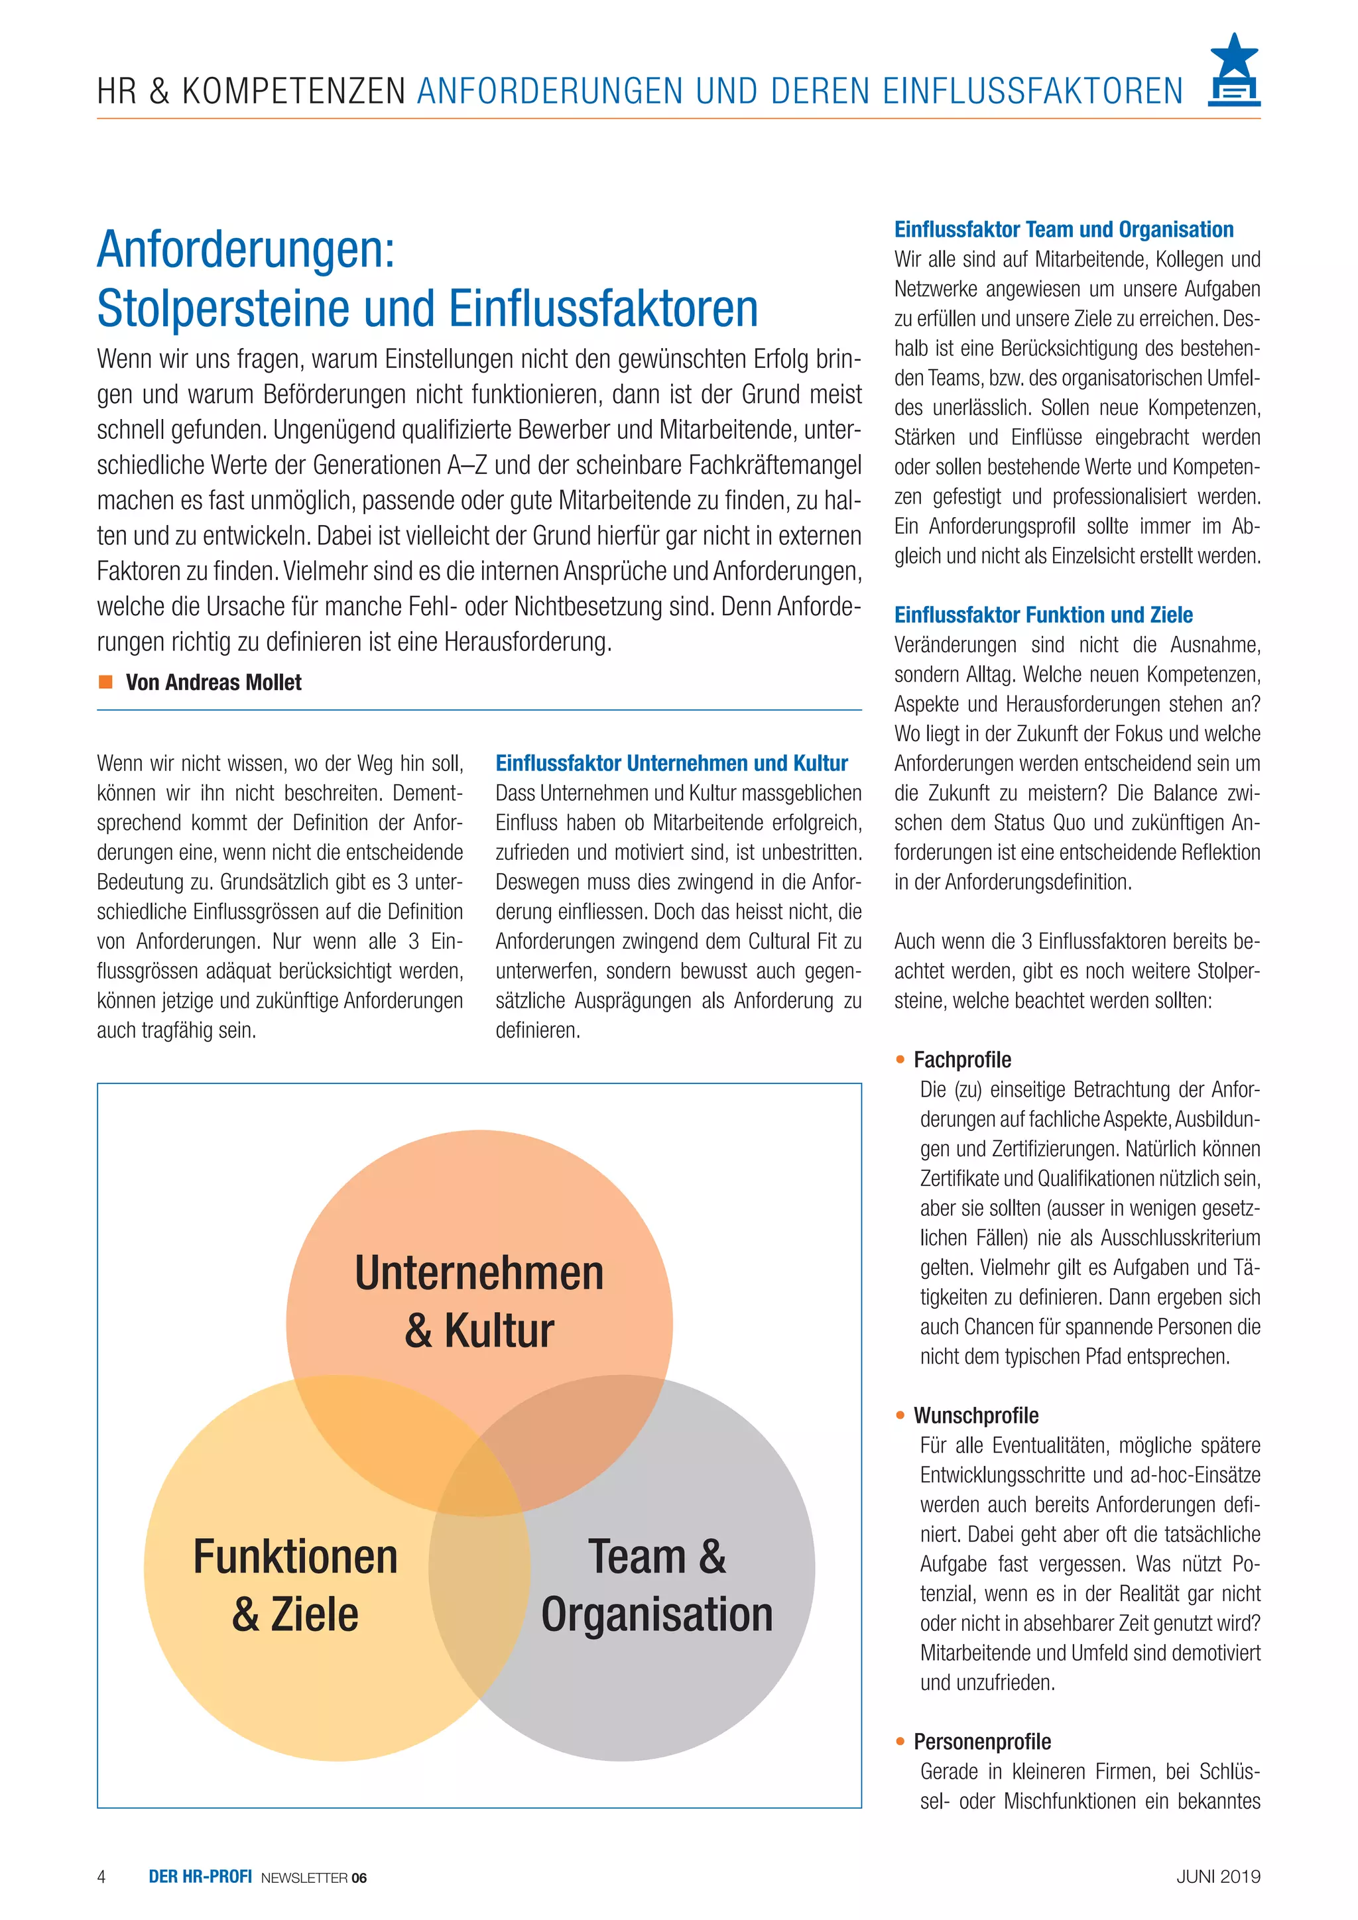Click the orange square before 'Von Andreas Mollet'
pyautogui.click(x=105, y=682)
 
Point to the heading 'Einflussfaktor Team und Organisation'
pyautogui.click(x=1064, y=229)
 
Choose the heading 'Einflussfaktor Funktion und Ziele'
pyautogui.click(x=1043, y=615)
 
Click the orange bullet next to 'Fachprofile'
pyautogui.click(x=900, y=1059)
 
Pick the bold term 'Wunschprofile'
pyautogui.click(x=976, y=1415)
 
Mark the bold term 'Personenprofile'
pyautogui.click(x=982, y=1741)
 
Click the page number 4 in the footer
pyautogui.click(x=101, y=1876)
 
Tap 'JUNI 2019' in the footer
pyautogui.click(x=1217, y=1876)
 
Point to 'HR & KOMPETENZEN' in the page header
pyautogui.click(x=251, y=91)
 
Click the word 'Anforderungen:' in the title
pyautogui.click(x=246, y=249)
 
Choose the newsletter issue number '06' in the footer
pyautogui.click(x=359, y=1878)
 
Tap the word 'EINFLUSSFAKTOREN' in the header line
pyautogui.click(x=1032, y=91)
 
